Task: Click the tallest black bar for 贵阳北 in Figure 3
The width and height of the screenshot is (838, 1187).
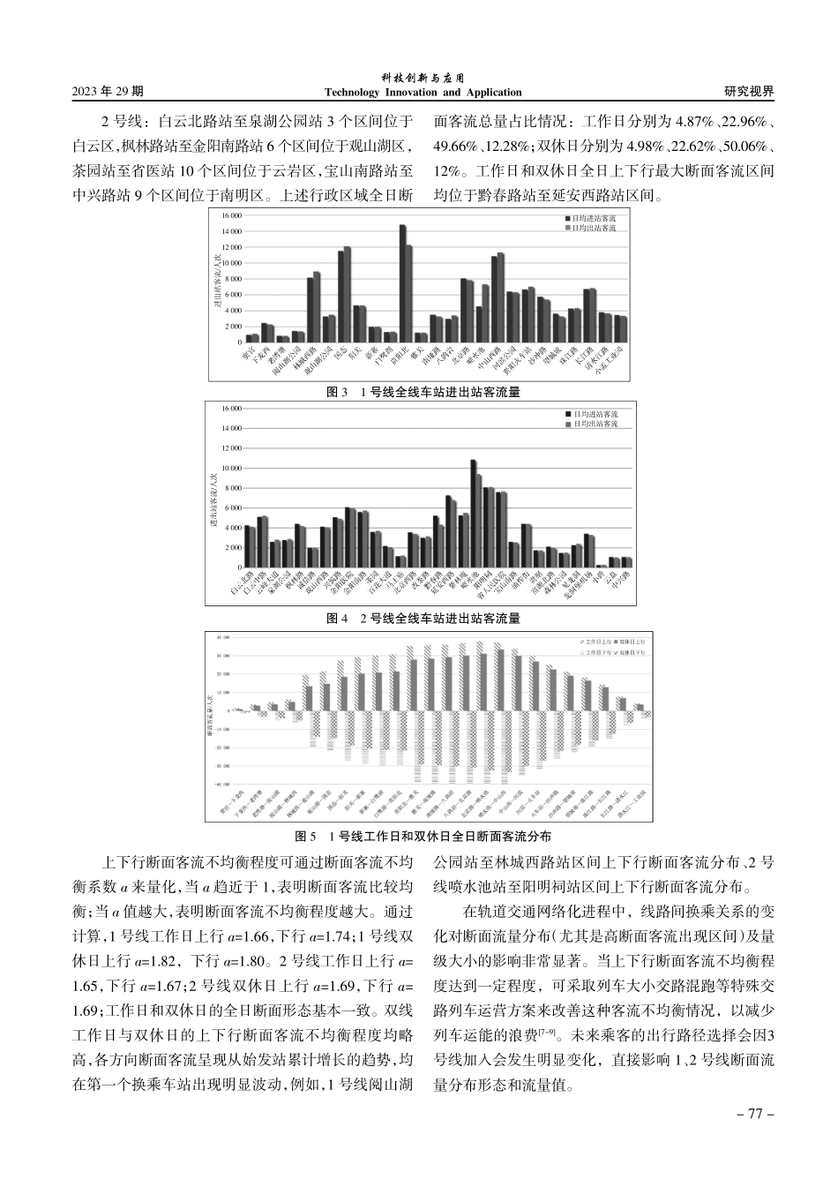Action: pyautogui.click(x=402, y=283)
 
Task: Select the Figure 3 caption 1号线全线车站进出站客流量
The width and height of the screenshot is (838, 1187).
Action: pyautogui.click(x=423, y=392)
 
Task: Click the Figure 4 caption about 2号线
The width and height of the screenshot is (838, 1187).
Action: pyautogui.click(x=423, y=619)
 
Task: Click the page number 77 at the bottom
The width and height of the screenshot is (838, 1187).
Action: pyautogui.click(x=754, y=1114)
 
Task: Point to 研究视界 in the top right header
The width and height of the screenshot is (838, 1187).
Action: pyautogui.click(x=749, y=91)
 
